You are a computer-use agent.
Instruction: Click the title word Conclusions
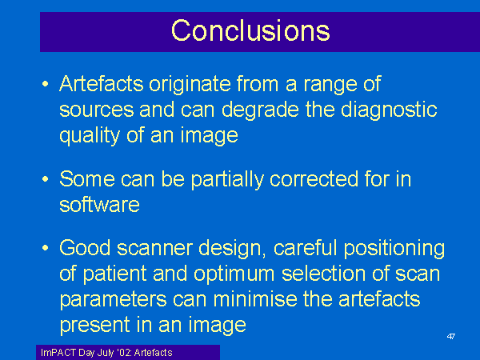(x=250, y=30)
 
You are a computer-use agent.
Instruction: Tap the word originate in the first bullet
(x=190, y=85)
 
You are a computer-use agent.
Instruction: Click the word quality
(x=90, y=136)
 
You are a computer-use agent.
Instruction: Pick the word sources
(x=97, y=110)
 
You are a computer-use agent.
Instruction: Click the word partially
(x=227, y=180)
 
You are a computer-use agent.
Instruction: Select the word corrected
(x=314, y=179)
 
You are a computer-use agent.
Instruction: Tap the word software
(x=99, y=205)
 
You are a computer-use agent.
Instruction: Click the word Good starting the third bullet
(x=85, y=248)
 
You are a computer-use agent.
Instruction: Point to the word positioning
(x=394, y=249)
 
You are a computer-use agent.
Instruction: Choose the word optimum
(x=234, y=274)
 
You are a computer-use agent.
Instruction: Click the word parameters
(x=114, y=300)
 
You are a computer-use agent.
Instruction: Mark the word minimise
(x=255, y=298)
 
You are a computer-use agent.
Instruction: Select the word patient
(x=114, y=274)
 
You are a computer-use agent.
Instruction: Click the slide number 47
(x=451, y=337)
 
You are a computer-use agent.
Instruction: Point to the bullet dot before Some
(x=46, y=178)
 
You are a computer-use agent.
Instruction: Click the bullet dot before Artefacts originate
(x=46, y=83)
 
